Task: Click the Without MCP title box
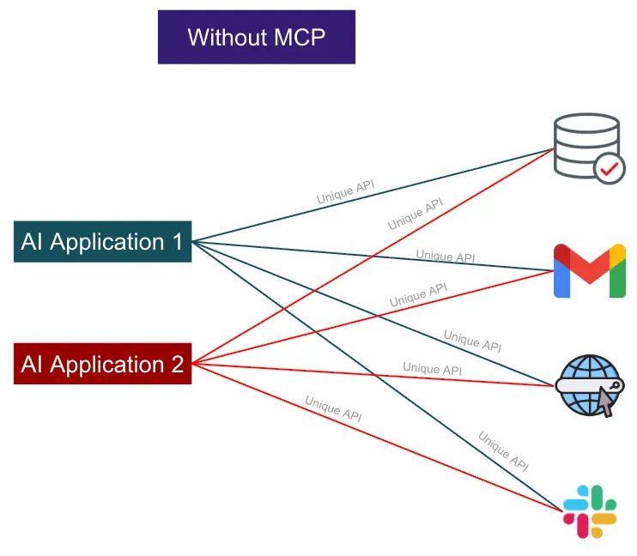256,37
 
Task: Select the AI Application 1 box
102,242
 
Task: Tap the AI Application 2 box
102,365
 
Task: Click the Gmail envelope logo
589,271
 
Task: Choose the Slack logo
589,511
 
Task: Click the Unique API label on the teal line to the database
345,192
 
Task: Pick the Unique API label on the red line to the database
416,214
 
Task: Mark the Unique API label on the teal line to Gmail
446,256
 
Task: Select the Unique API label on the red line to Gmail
418,294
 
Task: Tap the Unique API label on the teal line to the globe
472,340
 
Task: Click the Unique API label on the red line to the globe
433,369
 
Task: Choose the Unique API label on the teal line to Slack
503,451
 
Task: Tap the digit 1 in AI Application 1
178,242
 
